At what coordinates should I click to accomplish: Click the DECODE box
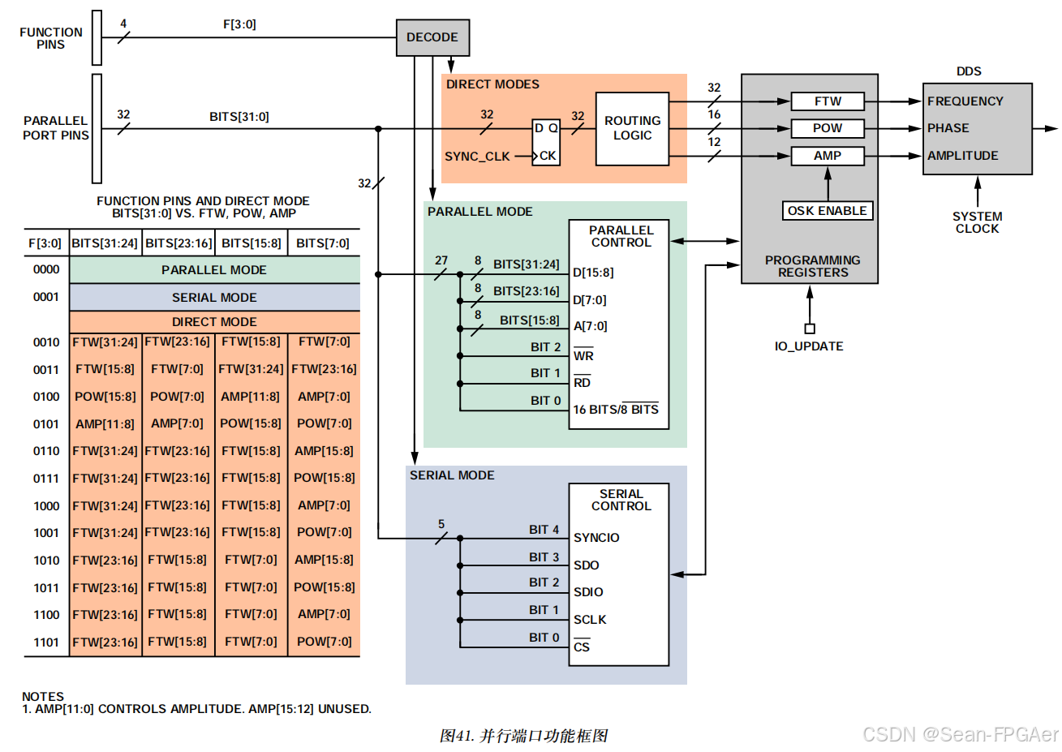pos(432,37)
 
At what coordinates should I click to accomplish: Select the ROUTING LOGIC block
pos(632,128)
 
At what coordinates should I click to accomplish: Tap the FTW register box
pos(828,101)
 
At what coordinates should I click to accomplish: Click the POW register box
pos(828,128)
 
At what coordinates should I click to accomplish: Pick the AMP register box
pos(828,156)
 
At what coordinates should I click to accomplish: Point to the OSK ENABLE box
pos(828,211)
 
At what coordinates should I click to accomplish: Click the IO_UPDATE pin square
pos(809,329)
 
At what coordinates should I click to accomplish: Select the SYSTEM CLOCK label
pos(977,222)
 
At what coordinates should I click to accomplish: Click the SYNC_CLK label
pos(477,157)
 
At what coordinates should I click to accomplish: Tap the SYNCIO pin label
pos(596,538)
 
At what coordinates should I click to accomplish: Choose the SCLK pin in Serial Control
pos(590,620)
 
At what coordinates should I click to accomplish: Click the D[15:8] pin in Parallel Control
pos(593,273)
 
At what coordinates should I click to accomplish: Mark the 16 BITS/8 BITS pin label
pos(616,410)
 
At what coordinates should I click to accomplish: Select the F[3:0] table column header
pos(45,243)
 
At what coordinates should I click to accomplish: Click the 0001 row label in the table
pos(46,297)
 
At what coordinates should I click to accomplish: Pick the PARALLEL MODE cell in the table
pos(214,270)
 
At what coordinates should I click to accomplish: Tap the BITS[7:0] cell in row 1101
pos(324,642)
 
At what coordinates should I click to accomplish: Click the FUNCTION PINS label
pos(51,38)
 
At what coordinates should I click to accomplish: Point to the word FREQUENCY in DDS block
pos(965,101)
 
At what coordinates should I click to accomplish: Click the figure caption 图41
pos(523,736)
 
